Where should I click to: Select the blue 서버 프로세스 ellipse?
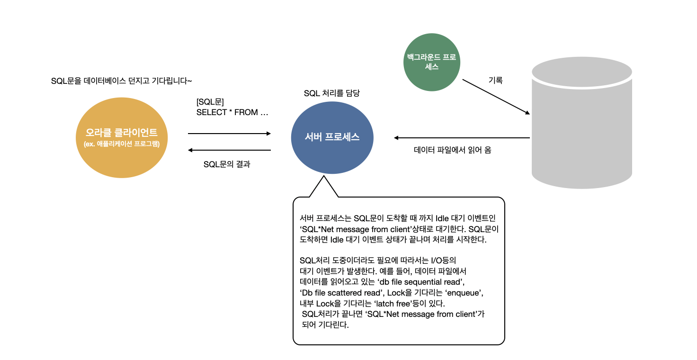tap(332, 137)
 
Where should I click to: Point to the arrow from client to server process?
tap(229, 134)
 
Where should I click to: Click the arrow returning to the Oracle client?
tap(229, 150)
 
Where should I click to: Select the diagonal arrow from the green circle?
tap(495, 96)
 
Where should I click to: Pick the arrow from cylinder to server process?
tap(462, 138)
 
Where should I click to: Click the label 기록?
tap(496, 81)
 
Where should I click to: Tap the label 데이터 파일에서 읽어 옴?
tap(452, 151)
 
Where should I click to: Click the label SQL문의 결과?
tap(227, 164)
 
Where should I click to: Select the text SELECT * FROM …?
tap(232, 113)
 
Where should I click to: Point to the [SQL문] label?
tap(210, 102)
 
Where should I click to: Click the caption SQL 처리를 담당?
tap(331, 93)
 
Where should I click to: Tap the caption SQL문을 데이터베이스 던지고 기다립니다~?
tap(121, 81)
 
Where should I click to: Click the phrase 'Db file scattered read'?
tap(340, 293)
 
